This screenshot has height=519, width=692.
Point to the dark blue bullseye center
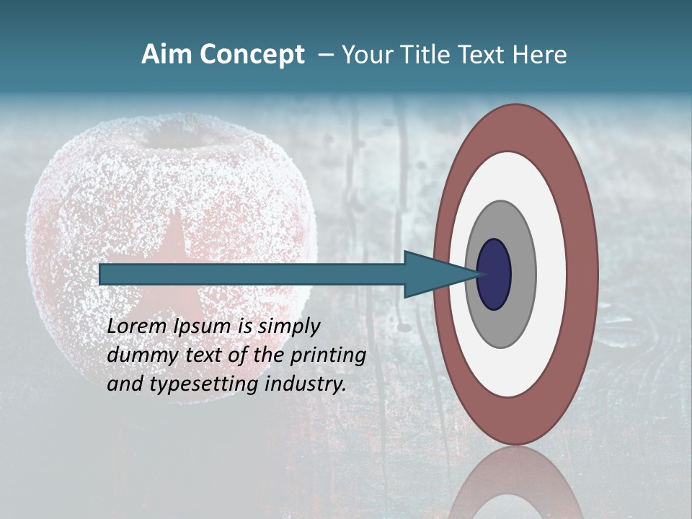pos(494,275)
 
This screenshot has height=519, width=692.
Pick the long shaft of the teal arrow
pos(252,275)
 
